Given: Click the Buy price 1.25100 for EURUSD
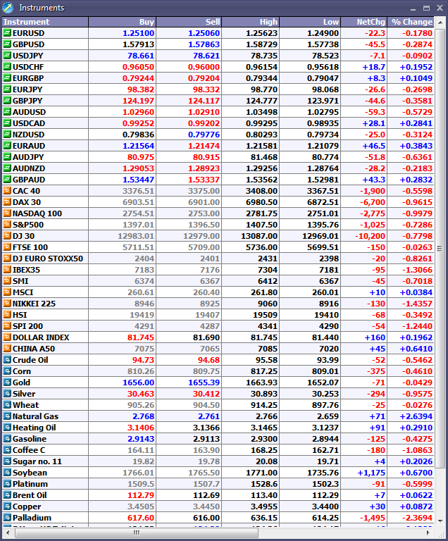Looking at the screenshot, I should tap(138, 33).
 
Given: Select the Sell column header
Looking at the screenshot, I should tap(212, 22).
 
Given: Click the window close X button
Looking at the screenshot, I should tap(439, 8).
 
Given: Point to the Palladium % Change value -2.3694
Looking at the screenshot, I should tap(416, 518).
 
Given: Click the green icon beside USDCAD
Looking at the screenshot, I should tap(7, 123).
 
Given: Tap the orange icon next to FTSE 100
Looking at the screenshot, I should tap(7, 247).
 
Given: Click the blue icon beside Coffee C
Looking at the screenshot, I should tap(7, 450).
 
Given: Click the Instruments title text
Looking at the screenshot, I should tap(42, 8).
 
